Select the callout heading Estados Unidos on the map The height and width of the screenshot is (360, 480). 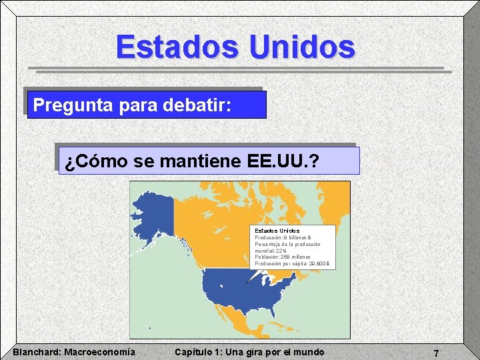coord(277,231)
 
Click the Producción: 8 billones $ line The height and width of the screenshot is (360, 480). coord(283,237)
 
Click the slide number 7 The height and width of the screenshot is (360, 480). coord(436,353)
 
